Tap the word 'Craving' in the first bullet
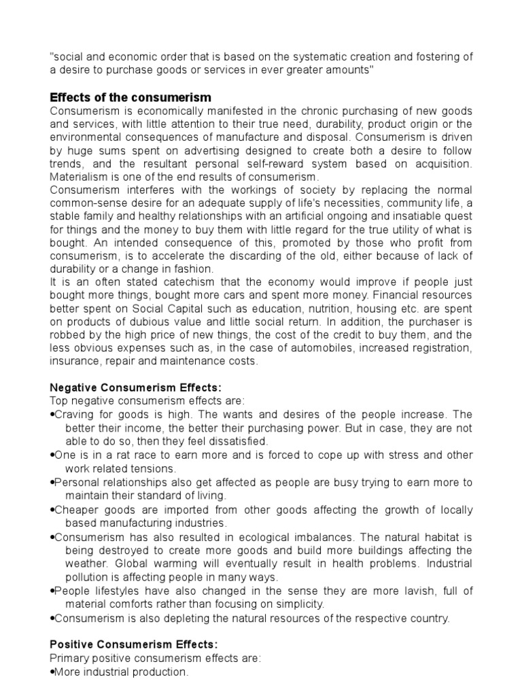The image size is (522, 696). tap(74, 414)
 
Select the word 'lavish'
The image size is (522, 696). tap(409, 591)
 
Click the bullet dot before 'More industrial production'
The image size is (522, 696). tap(52, 672)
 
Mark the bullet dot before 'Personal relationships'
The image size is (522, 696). tap(52, 483)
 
